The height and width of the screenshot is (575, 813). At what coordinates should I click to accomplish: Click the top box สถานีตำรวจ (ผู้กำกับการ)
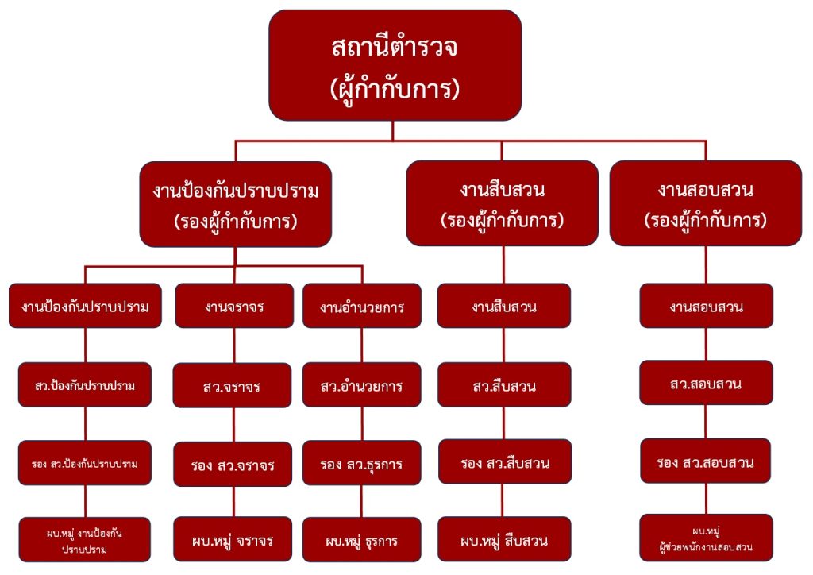(x=395, y=65)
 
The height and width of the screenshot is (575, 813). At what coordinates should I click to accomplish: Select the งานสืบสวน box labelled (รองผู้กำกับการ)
(x=502, y=203)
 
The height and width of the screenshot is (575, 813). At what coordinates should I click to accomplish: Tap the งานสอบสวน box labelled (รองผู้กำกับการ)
(x=705, y=203)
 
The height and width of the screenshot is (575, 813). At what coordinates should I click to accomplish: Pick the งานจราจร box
(x=233, y=306)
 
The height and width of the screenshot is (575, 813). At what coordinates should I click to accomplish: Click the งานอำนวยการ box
(x=361, y=306)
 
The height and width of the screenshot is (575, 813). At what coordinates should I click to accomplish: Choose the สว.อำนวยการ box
(x=361, y=386)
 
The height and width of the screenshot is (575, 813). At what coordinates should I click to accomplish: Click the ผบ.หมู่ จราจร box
(x=233, y=540)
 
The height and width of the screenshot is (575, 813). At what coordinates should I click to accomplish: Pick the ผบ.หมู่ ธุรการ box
(x=361, y=540)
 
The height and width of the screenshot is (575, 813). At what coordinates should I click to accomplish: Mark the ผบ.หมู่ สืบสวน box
(x=503, y=540)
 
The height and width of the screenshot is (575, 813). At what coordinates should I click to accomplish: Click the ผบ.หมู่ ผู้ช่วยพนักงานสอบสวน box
(x=706, y=538)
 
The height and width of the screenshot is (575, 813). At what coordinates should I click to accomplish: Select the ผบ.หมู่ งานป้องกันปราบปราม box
(x=84, y=540)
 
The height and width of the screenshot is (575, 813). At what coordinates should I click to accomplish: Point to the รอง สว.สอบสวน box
(x=706, y=461)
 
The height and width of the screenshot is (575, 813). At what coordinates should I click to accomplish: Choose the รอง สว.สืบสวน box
(x=503, y=461)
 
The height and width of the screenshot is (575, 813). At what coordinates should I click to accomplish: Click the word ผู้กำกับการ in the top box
(x=395, y=88)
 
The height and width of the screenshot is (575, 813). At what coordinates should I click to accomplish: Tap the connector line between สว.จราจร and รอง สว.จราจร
(x=233, y=425)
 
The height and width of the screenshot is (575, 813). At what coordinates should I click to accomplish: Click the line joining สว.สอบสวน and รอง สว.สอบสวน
(x=706, y=422)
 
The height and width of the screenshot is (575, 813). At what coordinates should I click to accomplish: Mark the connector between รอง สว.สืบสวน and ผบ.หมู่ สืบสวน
(x=503, y=500)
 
